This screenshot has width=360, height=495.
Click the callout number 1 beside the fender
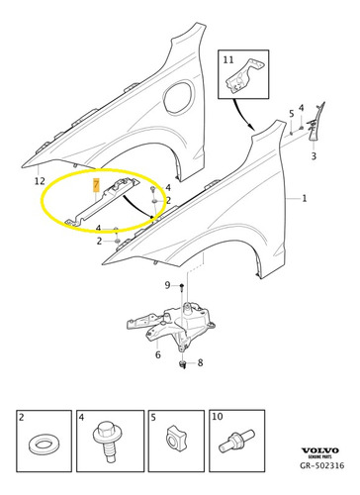pos(304,199)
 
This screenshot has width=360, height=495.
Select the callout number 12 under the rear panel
pos(39,181)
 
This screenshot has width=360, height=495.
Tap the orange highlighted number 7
pos(95,185)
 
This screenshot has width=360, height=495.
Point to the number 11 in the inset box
pos(229,60)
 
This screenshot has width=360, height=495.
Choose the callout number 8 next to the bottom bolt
pos(201,364)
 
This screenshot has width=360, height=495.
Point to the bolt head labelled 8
pos(184,365)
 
